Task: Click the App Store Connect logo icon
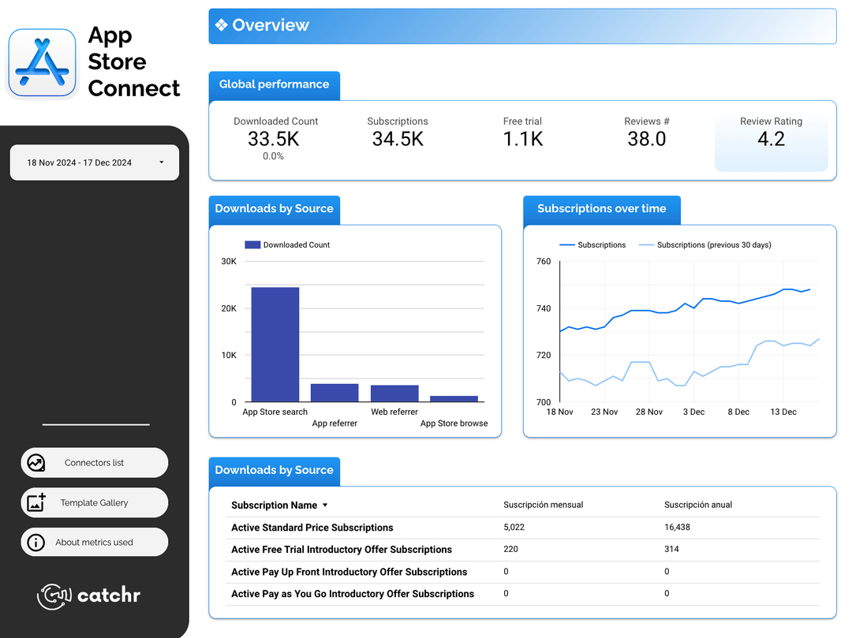[x=43, y=63]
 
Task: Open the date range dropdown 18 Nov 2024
[x=95, y=162]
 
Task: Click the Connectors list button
[x=94, y=463]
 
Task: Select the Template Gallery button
[x=94, y=502]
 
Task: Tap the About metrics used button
[x=94, y=543]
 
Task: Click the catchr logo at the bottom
[x=89, y=595]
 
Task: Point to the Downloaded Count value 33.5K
[x=273, y=139]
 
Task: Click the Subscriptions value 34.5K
[x=398, y=139]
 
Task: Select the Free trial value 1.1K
[x=522, y=139]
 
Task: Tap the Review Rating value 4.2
[x=771, y=139]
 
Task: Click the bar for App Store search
[x=275, y=345]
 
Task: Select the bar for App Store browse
[x=454, y=399]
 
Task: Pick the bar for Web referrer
[x=394, y=394]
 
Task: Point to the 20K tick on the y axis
[x=229, y=308]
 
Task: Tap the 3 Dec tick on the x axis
[x=693, y=412]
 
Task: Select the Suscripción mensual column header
[x=543, y=505]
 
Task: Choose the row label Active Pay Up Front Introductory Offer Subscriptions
[x=349, y=572]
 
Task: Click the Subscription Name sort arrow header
[x=325, y=506]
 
